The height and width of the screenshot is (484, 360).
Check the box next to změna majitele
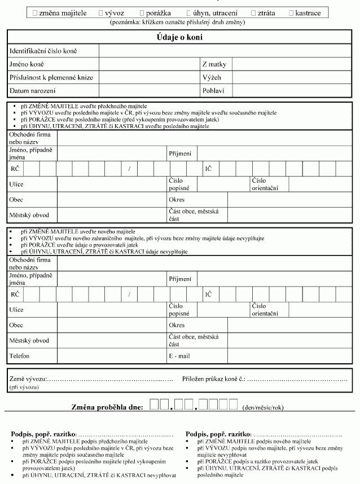(x=35, y=12)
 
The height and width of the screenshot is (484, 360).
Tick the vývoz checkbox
(x=101, y=12)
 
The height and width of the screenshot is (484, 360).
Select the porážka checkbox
(x=141, y=12)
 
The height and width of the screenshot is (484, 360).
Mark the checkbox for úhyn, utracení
(x=189, y=12)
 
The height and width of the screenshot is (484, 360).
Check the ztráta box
(x=253, y=12)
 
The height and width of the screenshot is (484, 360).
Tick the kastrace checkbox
(x=291, y=12)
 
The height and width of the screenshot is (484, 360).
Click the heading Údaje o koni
(x=179, y=37)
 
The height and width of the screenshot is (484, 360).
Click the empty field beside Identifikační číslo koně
(x=225, y=51)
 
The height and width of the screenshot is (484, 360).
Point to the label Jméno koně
(x=27, y=64)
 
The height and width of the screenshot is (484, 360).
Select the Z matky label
(x=214, y=64)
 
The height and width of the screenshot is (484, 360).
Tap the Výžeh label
(x=212, y=77)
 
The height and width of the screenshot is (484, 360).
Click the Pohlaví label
(x=213, y=90)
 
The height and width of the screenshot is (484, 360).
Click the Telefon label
(x=20, y=356)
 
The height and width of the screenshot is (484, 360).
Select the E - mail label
(x=179, y=356)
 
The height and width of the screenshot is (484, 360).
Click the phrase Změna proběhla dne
(x=107, y=407)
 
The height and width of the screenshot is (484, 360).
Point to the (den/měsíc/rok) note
(x=262, y=407)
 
